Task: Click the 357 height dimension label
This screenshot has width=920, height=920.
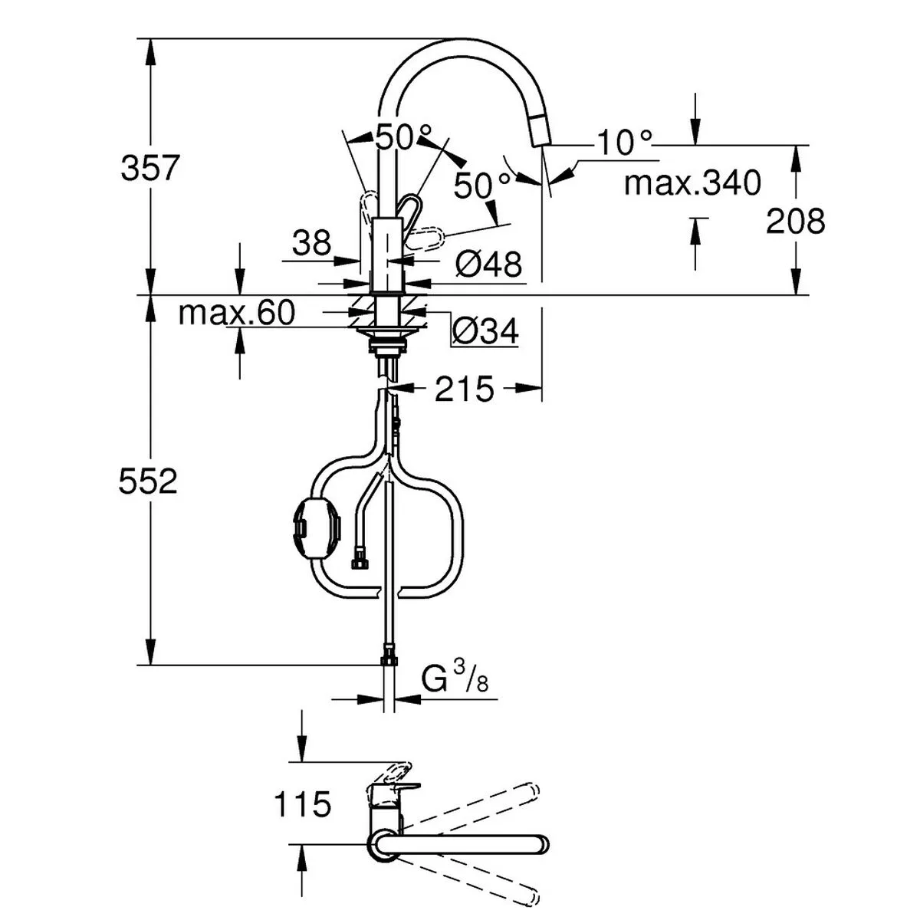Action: click(x=149, y=168)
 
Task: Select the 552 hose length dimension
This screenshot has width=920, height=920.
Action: click(x=148, y=481)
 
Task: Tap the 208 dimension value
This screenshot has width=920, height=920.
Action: click(x=796, y=222)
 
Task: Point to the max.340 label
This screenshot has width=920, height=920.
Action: click(x=692, y=183)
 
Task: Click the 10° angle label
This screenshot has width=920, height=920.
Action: click(x=625, y=143)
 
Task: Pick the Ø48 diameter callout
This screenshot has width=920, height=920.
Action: click(x=488, y=265)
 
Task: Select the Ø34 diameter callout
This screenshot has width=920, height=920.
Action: click(x=485, y=332)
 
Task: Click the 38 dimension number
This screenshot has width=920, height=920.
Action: click(x=311, y=244)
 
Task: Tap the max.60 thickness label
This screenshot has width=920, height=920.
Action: click(x=236, y=313)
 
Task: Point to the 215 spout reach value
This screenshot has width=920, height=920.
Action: click(x=465, y=389)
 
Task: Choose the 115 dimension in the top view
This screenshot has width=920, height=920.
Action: click(x=302, y=804)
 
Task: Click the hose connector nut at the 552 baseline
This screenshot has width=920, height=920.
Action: click(x=389, y=659)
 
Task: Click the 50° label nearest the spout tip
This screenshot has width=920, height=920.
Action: click(x=481, y=185)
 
